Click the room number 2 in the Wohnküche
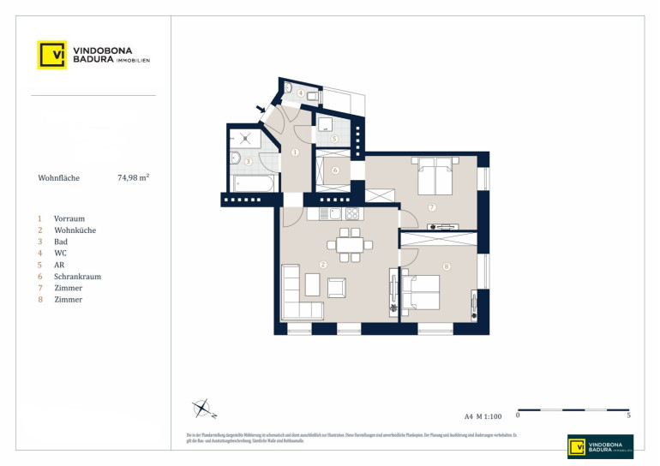pos(321,265)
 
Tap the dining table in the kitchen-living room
pos(350,245)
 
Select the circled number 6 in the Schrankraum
pos(335,170)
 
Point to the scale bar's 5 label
pos(629,416)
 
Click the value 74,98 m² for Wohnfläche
pos(134,179)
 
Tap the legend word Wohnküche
pos(75,230)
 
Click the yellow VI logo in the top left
pos(51,55)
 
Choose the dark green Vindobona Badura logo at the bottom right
pos(600,446)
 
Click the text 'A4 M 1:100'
pos(482,416)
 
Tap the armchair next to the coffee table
pos(337,288)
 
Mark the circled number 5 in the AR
pos(334,138)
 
